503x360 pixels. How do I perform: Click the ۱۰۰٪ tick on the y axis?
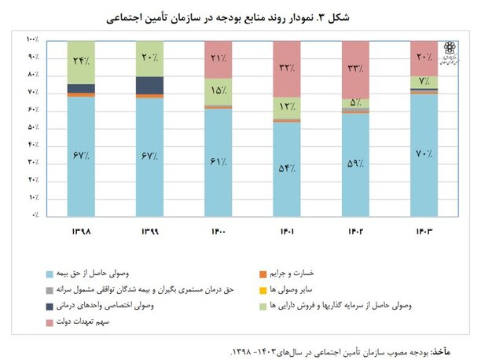click(x=32, y=39)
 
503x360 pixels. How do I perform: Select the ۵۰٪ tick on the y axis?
click(x=34, y=127)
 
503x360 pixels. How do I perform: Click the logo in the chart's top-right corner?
click(x=449, y=53)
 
